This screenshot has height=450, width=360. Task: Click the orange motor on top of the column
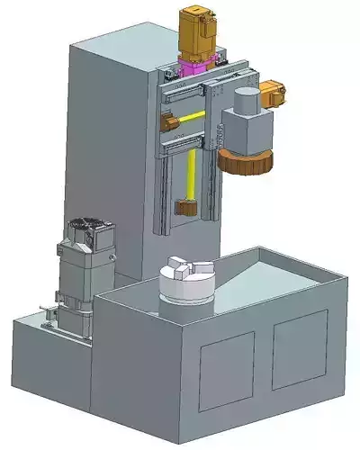pyautogui.click(x=200, y=32)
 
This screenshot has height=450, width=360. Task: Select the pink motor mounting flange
pyautogui.click(x=196, y=66)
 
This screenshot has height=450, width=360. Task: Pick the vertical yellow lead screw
pyautogui.click(x=192, y=175)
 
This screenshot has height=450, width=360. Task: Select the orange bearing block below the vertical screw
pyautogui.click(x=187, y=209)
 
